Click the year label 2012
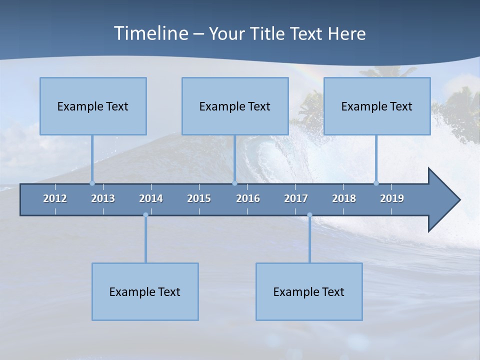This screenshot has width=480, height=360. coord(55,198)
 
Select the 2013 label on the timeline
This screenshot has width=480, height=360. coord(103,198)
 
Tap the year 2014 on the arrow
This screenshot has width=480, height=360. coord(151,198)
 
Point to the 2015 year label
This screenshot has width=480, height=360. coord(199,198)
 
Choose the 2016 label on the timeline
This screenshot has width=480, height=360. coord(248,198)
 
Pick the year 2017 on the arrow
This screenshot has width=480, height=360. coord(296,198)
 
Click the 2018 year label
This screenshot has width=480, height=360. coord(344,198)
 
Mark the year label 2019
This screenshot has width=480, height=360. coord(392,198)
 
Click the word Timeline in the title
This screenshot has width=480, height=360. coord(150,33)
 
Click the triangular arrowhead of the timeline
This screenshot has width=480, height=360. coord(442,200)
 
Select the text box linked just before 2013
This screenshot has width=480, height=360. coord(93,106)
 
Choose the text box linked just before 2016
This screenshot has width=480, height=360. coord(235,106)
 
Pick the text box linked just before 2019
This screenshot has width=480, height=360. coord(377,106)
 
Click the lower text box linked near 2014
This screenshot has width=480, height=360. coord(145,291)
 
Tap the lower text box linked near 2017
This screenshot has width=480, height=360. coord(309,291)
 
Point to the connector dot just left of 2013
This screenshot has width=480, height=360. coord(92,183)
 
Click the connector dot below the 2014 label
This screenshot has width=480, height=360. coord(145,215)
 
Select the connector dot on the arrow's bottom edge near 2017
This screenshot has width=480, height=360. coord(309,215)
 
